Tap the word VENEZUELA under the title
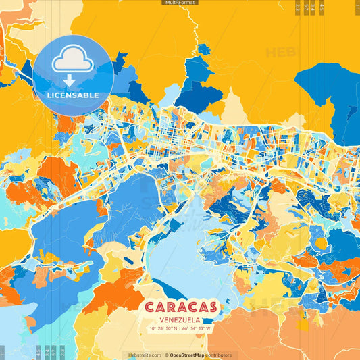tap(180, 319)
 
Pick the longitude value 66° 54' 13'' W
tap(197, 329)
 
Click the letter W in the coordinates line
tap(209, 329)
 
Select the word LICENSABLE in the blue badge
tap(73, 95)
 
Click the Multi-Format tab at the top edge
tap(180, 3)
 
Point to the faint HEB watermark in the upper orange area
tap(278, 52)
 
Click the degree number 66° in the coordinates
tap(184, 329)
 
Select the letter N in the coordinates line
tap(176, 329)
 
